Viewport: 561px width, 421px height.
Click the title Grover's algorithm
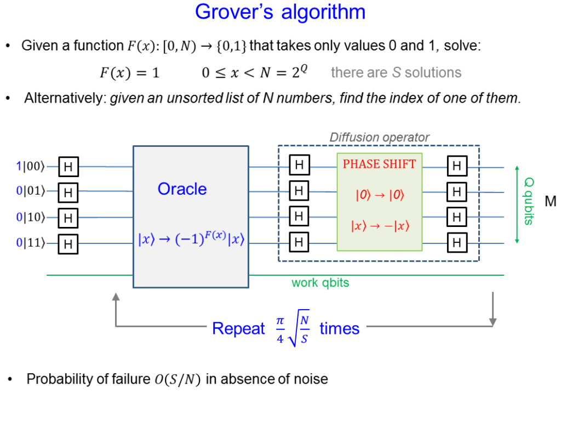(280, 12)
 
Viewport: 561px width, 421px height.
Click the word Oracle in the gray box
(182, 189)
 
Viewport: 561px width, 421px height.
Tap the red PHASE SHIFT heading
(379, 164)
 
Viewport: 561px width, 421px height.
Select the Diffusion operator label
(379, 137)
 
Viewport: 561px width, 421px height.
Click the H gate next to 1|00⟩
(68, 167)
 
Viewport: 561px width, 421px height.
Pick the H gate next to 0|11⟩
(68, 244)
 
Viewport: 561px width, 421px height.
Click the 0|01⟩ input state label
(31, 191)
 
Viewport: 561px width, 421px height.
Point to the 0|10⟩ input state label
(31, 217)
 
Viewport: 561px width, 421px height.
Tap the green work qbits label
(320, 283)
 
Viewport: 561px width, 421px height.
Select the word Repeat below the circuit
(238, 328)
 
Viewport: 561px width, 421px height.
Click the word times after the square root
(339, 328)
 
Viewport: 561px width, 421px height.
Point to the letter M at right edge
(550, 201)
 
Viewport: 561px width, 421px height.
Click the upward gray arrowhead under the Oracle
(116, 297)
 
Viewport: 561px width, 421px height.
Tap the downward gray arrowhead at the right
(493, 322)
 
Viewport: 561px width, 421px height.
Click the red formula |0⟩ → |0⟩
(380, 195)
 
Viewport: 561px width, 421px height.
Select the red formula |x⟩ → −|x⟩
(380, 226)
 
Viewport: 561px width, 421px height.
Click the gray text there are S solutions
(396, 72)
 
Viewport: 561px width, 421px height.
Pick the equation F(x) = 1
(129, 73)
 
